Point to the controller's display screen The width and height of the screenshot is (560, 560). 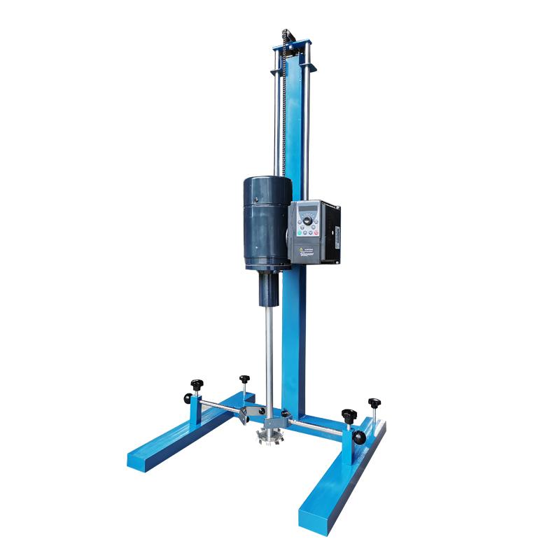(308, 209)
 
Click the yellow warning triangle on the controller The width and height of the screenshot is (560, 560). (302, 248)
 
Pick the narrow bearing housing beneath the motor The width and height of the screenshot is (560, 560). (269, 288)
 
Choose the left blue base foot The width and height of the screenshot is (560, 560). (182, 437)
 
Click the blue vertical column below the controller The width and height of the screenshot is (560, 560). (295, 336)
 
